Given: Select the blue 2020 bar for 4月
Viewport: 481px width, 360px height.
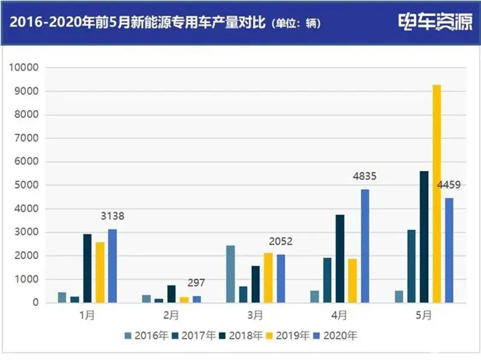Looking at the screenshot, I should [x=365, y=246].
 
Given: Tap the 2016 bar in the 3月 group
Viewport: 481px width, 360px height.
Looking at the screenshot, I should [x=231, y=274].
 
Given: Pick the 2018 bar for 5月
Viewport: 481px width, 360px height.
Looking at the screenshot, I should [x=424, y=237].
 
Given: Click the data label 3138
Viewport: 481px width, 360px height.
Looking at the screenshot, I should [x=112, y=216].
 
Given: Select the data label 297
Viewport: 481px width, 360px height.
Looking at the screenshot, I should [x=196, y=282].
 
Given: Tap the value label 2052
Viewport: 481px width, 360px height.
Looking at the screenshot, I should [x=281, y=241].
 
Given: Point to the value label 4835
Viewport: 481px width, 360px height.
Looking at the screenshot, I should [x=364, y=176].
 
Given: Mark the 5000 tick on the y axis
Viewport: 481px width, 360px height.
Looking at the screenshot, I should [x=26, y=185].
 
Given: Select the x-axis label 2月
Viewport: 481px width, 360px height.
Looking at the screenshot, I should [x=171, y=314].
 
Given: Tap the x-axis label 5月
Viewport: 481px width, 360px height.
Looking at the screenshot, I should [x=424, y=314].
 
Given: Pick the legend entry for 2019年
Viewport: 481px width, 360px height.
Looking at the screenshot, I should [x=289, y=335].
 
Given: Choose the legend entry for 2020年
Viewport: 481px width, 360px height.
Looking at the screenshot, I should [x=337, y=335].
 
